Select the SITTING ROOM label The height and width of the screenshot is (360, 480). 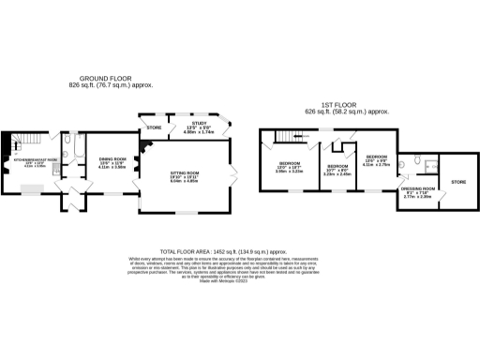click(x=183, y=173)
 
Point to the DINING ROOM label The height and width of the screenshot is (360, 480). click(x=112, y=159)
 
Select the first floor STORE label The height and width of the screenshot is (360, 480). click(x=458, y=181)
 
